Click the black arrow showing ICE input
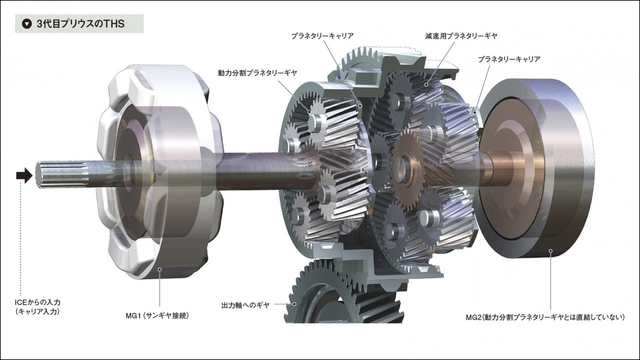[x=25, y=175]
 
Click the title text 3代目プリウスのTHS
[x=81, y=24]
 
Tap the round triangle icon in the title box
[x=27, y=24]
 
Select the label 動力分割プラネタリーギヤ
[x=257, y=73]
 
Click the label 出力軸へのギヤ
[x=245, y=305]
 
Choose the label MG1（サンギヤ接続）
[x=157, y=315]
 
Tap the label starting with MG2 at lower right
[x=545, y=317]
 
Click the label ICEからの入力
[x=38, y=302]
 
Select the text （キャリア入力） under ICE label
[x=38, y=311]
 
